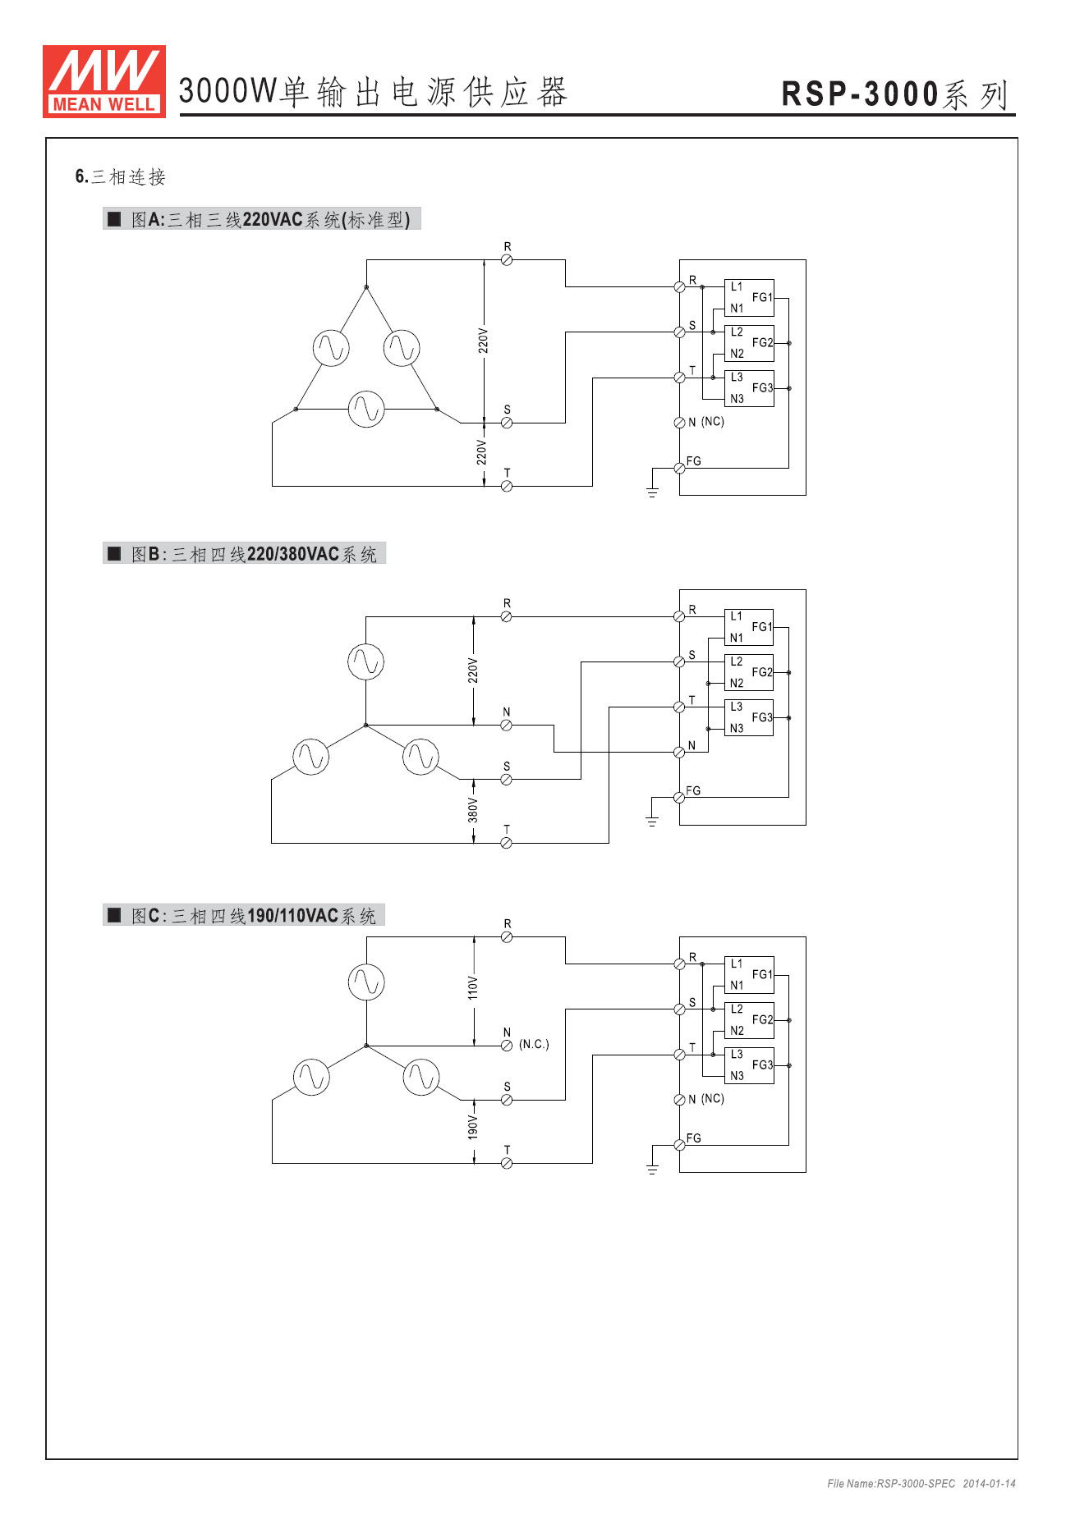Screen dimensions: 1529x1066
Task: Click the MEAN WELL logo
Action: (104, 81)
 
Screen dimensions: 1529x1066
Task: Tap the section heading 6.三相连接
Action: (121, 176)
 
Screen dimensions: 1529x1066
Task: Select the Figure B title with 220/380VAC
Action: (246, 554)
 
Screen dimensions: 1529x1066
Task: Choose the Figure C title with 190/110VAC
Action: (246, 915)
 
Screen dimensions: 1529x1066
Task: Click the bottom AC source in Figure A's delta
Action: (366, 409)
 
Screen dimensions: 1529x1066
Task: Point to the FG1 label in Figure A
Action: (762, 297)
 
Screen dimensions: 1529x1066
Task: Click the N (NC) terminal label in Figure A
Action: (705, 422)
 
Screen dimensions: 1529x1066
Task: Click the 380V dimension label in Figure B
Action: (473, 811)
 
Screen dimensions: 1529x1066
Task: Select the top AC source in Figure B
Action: (365, 661)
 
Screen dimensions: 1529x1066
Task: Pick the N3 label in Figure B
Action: (737, 728)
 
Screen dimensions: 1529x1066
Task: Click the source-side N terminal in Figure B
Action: (506, 725)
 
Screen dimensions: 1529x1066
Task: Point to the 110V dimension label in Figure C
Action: (473, 987)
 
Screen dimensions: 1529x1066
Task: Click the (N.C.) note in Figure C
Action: (534, 1044)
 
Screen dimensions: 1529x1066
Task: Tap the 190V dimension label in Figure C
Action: (473, 1127)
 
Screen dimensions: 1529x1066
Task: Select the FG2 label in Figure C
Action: (762, 1019)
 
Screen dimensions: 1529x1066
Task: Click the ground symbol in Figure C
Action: (652, 1168)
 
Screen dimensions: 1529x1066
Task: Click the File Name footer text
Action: (921, 1483)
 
